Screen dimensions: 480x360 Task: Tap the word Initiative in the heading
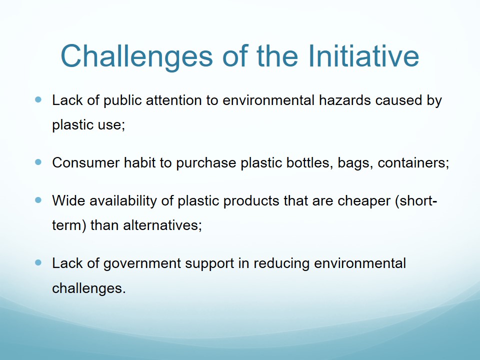[x=363, y=55]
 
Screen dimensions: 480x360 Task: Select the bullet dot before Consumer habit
[x=38, y=162]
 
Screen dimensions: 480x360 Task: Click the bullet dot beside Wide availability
[x=38, y=200]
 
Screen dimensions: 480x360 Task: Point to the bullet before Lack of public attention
[x=38, y=99]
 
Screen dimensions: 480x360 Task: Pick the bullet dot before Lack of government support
[x=38, y=262]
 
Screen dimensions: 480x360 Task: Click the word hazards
[x=344, y=100]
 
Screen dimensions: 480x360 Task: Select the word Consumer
[x=85, y=162]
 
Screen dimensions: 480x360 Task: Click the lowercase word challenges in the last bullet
[x=88, y=288]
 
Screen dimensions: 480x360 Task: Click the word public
[x=122, y=101]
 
